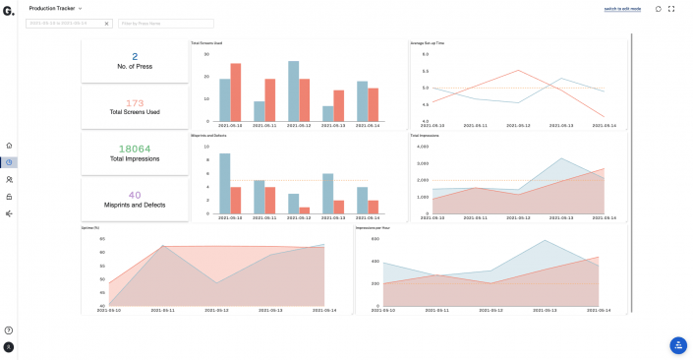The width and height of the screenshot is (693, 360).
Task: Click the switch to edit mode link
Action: [x=621, y=9]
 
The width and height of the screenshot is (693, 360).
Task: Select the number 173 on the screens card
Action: [x=135, y=102]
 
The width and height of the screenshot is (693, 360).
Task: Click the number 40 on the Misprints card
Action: [x=135, y=194]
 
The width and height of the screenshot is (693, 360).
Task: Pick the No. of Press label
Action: [x=135, y=67]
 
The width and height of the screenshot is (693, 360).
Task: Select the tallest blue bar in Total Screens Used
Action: [x=293, y=90]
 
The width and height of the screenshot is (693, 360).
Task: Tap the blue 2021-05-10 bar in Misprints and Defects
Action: [x=225, y=184]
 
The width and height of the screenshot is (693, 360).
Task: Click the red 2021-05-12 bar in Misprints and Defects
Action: [x=305, y=210]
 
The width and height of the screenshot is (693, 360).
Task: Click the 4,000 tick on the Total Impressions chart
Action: [x=425, y=147]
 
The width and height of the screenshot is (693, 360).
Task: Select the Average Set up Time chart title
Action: [x=428, y=43]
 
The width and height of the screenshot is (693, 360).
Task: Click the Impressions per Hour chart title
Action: [x=375, y=228]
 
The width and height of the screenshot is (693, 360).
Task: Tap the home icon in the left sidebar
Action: [x=9, y=146]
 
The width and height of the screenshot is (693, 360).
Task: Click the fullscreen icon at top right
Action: [x=671, y=9]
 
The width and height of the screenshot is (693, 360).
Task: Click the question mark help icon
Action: [x=9, y=330]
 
